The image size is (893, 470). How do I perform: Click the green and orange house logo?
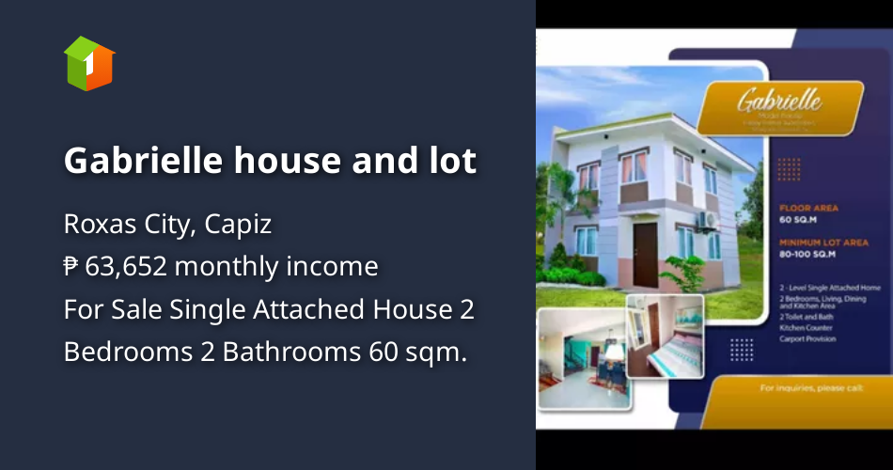click(89, 63)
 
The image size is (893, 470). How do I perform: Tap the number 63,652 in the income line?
click(126, 267)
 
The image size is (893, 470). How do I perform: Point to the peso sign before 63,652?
click(71, 267)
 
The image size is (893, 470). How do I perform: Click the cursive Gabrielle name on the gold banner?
click(779, 100)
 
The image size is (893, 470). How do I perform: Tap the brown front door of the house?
click(646, 255)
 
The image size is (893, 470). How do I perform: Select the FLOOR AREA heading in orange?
click(808, 208)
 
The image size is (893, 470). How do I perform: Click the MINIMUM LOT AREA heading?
click(822, 243)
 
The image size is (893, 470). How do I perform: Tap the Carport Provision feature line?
click(807, 339)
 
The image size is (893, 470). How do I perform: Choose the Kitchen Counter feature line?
click(805, 327)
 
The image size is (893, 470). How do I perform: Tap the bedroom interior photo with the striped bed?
click(665, 335)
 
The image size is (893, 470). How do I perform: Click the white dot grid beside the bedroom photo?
click(742, 349)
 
